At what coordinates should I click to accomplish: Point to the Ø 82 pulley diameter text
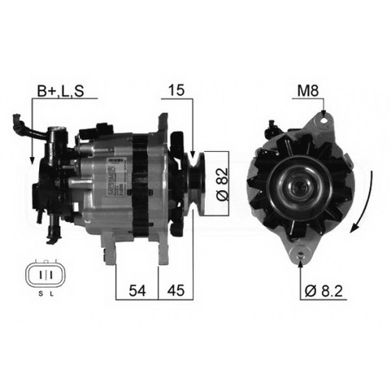point(222,182)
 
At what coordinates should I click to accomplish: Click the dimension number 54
point(136,291)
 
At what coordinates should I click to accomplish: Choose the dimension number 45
point(174,291)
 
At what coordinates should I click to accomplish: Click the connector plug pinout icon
point(45,274)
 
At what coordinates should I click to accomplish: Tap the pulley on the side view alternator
point(195,181)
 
